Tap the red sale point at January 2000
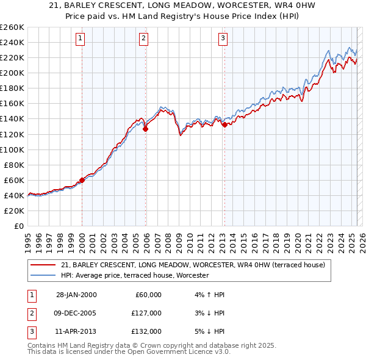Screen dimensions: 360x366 [x=82, y=180]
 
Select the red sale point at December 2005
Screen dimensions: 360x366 [x=146, y=129]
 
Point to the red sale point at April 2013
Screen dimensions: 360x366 [x=224, y=124]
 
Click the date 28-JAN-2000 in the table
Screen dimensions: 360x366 [x=76, y=295]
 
